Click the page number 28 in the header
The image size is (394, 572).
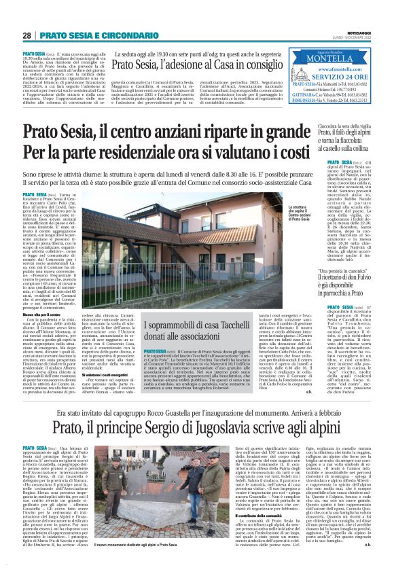click(x=27, y=35)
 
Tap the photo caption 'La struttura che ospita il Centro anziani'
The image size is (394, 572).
click(x=298, y=212)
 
